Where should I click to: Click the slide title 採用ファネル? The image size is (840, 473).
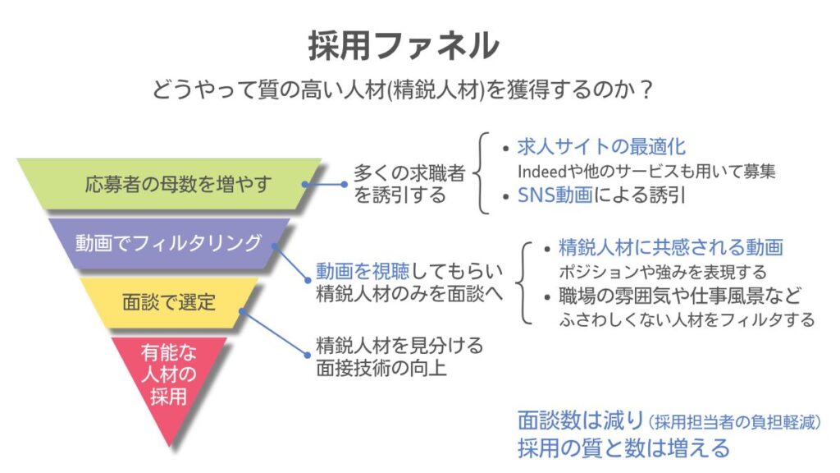(404, 45)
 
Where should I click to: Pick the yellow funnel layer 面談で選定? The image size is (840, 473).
(169, 302)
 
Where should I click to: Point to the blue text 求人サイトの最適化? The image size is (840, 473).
(601, 146)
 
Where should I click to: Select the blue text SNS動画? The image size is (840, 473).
(555, 195)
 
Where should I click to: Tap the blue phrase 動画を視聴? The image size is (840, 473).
(363, 271)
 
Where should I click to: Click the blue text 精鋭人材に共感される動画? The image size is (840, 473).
(671, 247)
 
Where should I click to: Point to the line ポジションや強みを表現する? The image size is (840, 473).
(663, 272)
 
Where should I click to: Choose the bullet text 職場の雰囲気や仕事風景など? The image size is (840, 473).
(680, 296)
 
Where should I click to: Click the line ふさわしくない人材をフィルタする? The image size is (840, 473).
(687, 319)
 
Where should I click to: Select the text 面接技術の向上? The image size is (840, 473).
(381, 369)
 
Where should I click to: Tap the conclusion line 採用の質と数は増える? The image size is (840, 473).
(623, 448)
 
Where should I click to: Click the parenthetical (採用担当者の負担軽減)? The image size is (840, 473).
(734, 422)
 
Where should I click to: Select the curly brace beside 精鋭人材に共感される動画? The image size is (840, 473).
(523, 283)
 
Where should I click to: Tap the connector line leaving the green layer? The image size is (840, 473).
(325, 185)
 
